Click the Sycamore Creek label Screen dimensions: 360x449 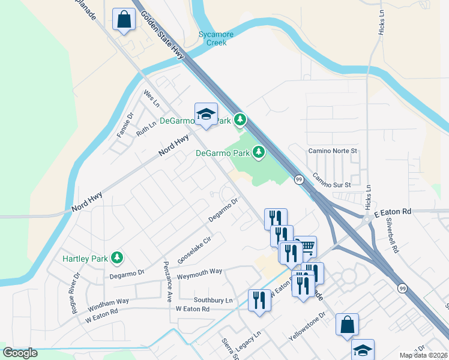tap(216, 38)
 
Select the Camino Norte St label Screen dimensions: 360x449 tap(333, 151)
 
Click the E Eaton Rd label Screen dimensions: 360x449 tap(393, 212)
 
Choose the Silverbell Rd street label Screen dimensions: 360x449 tap(393, 236)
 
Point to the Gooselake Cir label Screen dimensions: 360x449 tap(194, 250)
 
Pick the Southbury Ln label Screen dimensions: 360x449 tap(212, 299)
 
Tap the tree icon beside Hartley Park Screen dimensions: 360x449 tap(117, 259)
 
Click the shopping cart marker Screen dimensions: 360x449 tap(306, 246)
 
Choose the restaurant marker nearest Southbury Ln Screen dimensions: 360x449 tap(259, 299)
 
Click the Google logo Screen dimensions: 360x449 tap(20, 353)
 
